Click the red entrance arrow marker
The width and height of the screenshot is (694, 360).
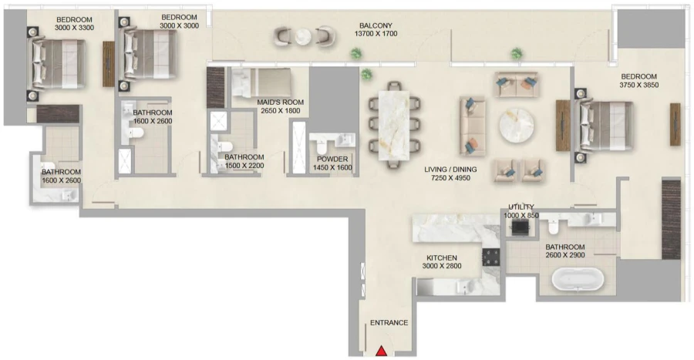point(381,352)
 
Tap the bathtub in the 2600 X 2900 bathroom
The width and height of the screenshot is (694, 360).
point(574,278)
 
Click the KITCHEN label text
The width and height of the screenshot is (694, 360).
point(442,257)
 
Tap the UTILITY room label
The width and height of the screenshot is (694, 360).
point(521,207)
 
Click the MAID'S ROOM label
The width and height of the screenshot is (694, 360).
point(281,101)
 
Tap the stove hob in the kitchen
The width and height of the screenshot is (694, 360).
point(491,257)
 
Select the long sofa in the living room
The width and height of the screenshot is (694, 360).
point(470,126)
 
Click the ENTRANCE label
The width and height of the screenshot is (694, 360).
point(389,322)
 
